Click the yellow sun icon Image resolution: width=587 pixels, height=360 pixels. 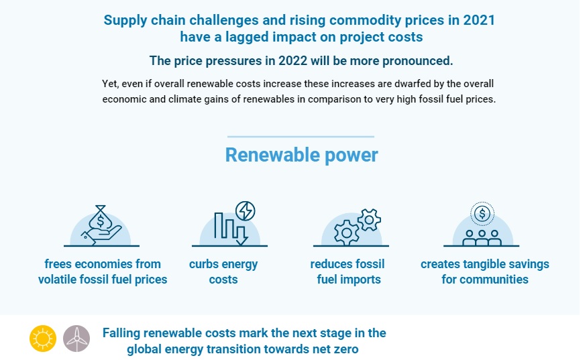click(x=43, y=339)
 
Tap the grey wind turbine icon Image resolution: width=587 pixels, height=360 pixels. click(x=76, y=339)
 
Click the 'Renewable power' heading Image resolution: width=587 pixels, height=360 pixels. click(x=301, y=155)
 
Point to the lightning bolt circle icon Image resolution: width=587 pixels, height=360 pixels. click(x=245, y=211)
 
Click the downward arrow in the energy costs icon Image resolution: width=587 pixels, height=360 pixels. click(x=241, y=231)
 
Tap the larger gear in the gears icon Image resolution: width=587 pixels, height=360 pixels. click(x=346, y=232)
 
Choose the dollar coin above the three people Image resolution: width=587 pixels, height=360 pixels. click(x=482, y=214)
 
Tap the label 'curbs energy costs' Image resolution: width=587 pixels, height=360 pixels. click(x=223, y=272)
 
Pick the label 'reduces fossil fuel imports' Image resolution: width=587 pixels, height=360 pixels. click(x=348, y=272)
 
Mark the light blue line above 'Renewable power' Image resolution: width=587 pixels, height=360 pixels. click(x=301, y=137)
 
